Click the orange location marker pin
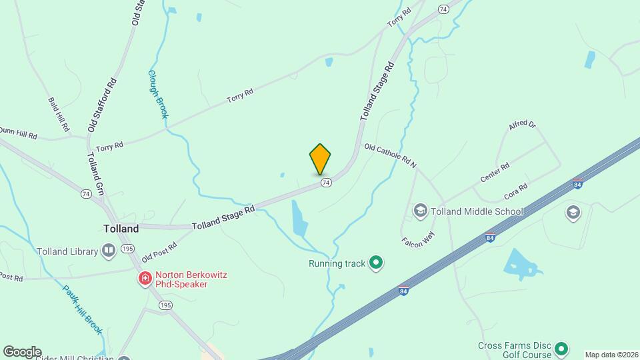320,159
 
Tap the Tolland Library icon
109,251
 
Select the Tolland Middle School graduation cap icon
420,211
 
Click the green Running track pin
376,263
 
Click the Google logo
22,352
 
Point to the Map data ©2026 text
611,355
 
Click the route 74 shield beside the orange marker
325,182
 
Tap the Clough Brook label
157,94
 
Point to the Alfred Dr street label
522,127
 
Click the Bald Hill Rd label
59,113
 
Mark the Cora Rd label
516,190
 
